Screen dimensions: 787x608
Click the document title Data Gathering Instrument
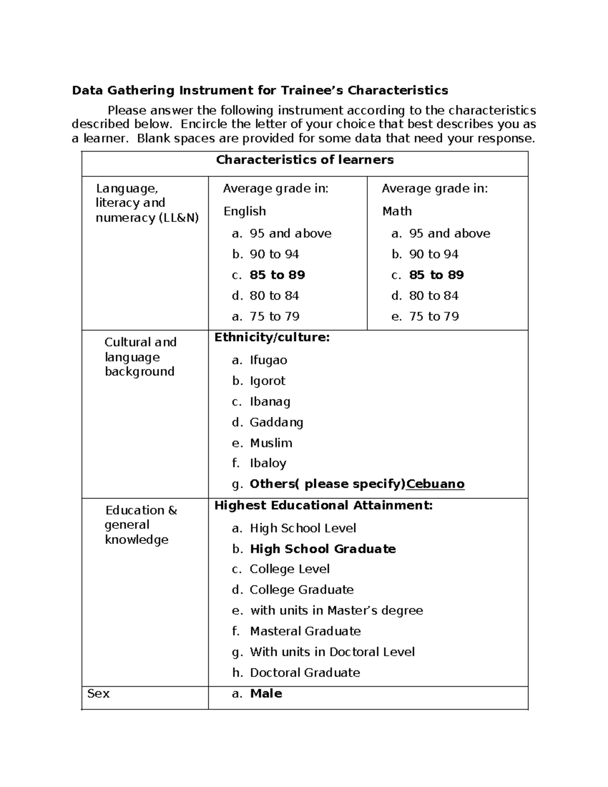tap(259, 90)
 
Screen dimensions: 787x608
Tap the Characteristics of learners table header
tap(305, 160)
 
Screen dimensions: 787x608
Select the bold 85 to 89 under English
tap(277, 275)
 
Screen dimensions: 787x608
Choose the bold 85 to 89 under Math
tap(436, 275)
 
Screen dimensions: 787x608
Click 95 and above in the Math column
tap(449, 233)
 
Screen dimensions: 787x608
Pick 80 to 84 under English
tap(274, 295)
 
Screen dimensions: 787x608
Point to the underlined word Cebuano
tap(435, 484)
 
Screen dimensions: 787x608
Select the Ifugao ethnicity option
tap(268, 360)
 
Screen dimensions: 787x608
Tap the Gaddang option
tap(276, 422)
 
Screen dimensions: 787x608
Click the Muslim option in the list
tap(271, 443)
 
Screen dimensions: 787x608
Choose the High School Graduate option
tap(323, 549)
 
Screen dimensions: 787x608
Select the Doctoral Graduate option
tap(305, 672)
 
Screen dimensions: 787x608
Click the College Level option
tap(289, 569)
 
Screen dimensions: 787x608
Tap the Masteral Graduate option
tap(305, 631)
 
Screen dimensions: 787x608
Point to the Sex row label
tap(98, 693)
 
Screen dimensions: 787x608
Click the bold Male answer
tap(266, 693)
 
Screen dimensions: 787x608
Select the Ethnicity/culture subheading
tap(272, 337)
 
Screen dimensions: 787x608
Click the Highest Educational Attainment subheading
tap(323, 505)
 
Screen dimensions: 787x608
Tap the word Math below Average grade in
tap(397, 211)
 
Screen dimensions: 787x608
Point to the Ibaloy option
tap(268, 463)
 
